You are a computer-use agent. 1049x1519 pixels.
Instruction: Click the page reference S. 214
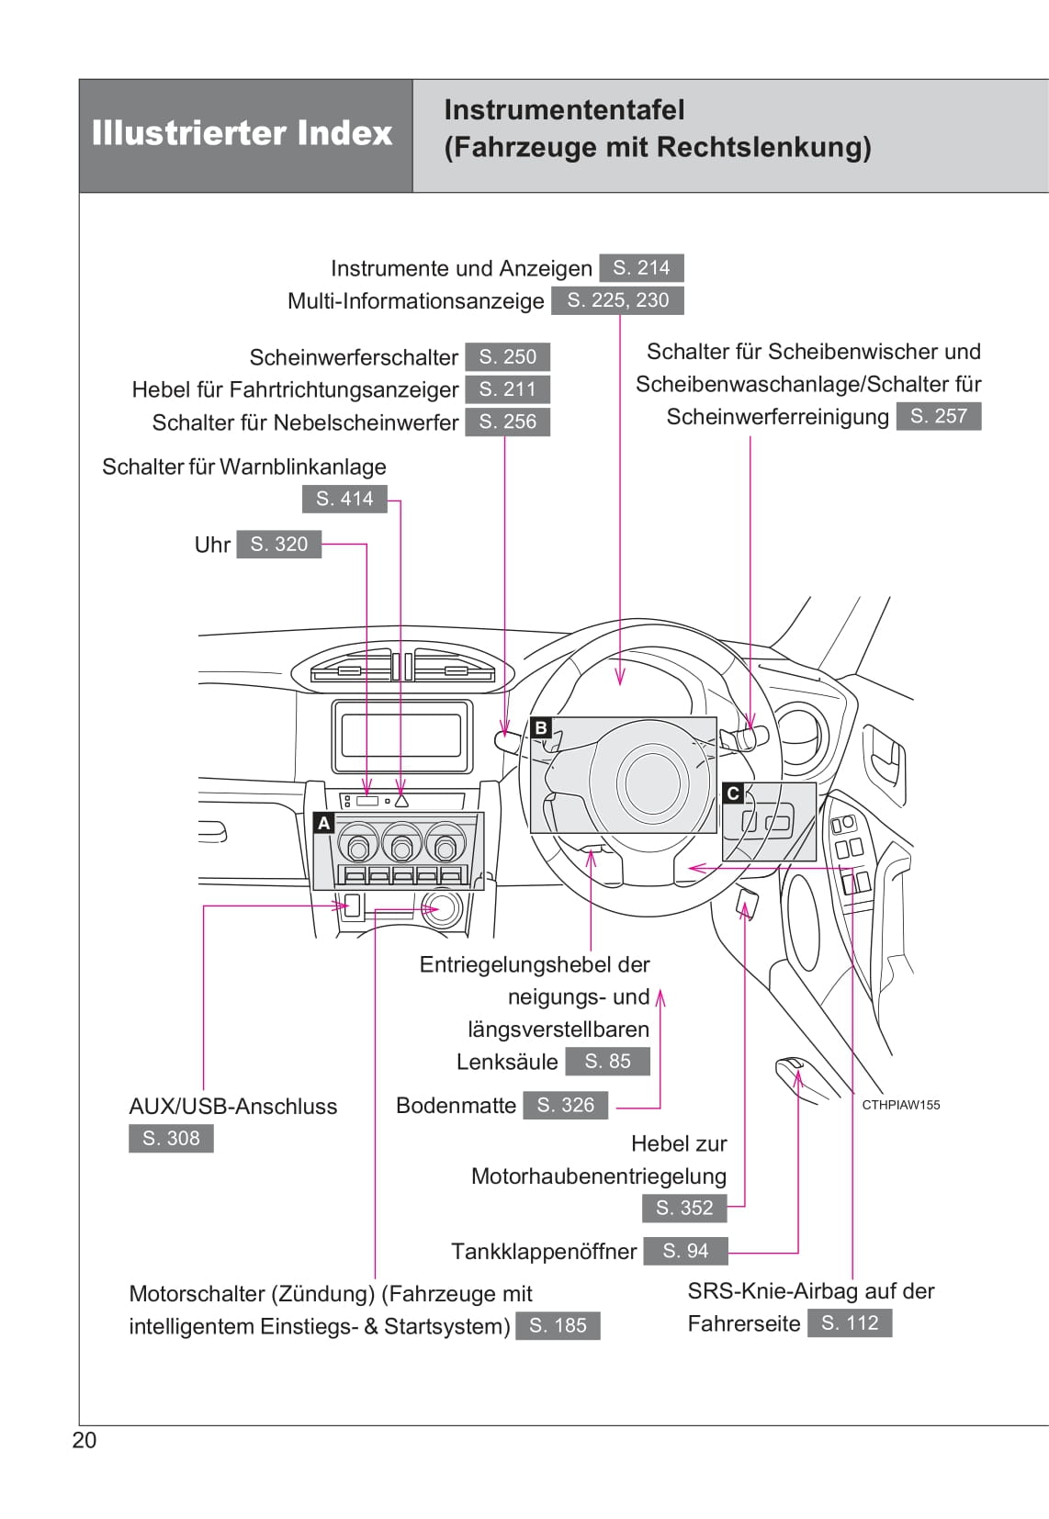641,268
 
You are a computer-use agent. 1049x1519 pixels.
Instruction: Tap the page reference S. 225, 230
617,300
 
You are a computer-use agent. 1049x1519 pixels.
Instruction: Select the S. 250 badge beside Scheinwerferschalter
507,356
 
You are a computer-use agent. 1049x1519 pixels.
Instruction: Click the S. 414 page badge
344,499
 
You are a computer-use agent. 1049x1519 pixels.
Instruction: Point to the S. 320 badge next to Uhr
278,544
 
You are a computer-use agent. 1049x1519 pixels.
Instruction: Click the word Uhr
212,545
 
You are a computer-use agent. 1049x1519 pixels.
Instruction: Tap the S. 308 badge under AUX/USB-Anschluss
171,1138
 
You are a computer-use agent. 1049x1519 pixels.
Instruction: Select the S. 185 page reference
558,1325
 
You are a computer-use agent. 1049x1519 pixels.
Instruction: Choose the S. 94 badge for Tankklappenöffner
685,1251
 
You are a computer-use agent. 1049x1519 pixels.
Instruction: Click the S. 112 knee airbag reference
850,1322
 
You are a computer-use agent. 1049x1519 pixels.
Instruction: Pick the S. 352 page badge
684,1208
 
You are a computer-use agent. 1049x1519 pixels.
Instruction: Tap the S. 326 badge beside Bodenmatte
565,1105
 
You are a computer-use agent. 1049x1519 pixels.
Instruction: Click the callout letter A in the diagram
323,823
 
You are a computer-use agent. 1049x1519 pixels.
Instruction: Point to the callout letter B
541,728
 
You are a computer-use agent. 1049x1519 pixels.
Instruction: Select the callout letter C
733,793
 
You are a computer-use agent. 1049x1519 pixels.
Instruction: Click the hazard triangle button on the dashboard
401,801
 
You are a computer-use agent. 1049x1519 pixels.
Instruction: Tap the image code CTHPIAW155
900,1105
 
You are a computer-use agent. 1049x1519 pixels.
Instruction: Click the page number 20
84,1440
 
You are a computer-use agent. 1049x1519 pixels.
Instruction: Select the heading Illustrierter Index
243,134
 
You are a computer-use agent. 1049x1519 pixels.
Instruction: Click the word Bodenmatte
456,1105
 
